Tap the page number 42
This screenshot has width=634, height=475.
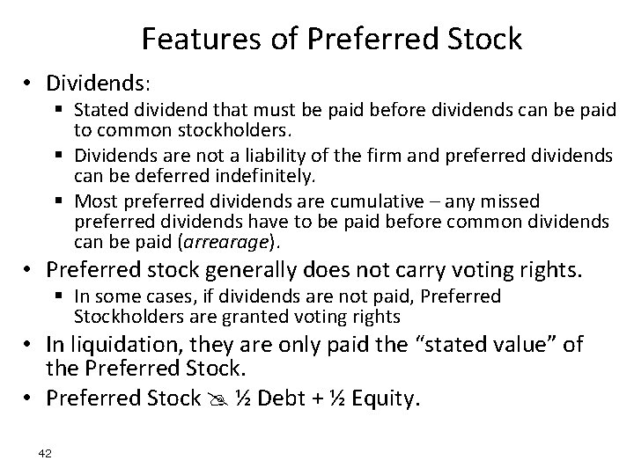pyautogui.click(x=47, y=453)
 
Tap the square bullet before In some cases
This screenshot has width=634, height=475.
pyautogui.click(x=63, y=297)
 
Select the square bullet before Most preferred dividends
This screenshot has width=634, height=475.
pyautogui.click(x=63, y=202)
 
